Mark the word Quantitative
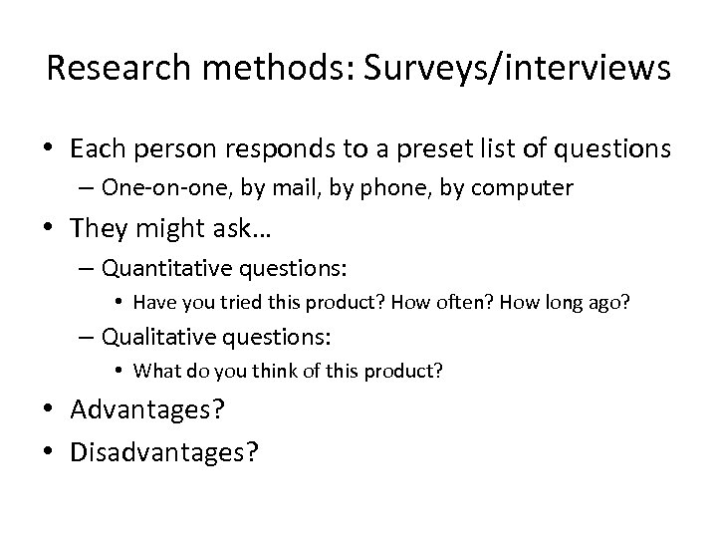pos(164,268)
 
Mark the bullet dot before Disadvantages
pos(51,453)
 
